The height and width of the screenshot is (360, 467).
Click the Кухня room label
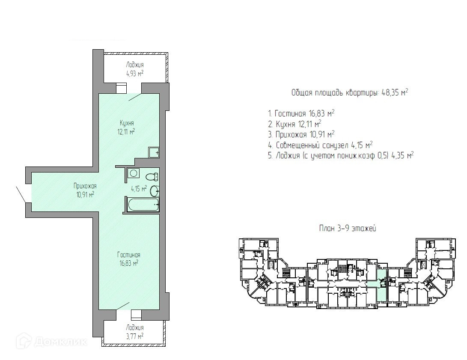coord(127,123)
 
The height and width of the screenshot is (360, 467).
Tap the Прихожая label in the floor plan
coord(85,186)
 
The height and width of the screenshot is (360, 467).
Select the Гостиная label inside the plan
coord(129,255)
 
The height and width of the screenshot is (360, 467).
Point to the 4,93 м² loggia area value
coord(135,73)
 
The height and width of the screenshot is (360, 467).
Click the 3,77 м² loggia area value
coord(135,336)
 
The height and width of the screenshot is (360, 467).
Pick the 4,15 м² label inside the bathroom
coord(139,188)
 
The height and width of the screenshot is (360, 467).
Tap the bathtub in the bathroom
coord(143,205)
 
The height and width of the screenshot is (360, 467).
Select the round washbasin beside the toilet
coord(155,191)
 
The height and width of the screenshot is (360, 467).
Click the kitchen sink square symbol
coord(154,152)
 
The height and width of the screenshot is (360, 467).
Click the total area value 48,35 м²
coord(395,92)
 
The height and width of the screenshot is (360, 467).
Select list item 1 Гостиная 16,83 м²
coord(301,113)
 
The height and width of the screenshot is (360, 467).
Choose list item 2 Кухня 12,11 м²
coord(294,124)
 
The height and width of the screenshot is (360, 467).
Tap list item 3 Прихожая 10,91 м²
coord(301,134)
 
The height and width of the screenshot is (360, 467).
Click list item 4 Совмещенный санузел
coord(321,145)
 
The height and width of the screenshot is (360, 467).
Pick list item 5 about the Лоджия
coord(341,155)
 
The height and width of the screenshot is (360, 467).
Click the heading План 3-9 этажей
coord(348,229)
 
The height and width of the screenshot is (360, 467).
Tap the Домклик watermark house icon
coord(24,341)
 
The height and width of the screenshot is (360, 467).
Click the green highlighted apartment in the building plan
coord(381,285)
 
